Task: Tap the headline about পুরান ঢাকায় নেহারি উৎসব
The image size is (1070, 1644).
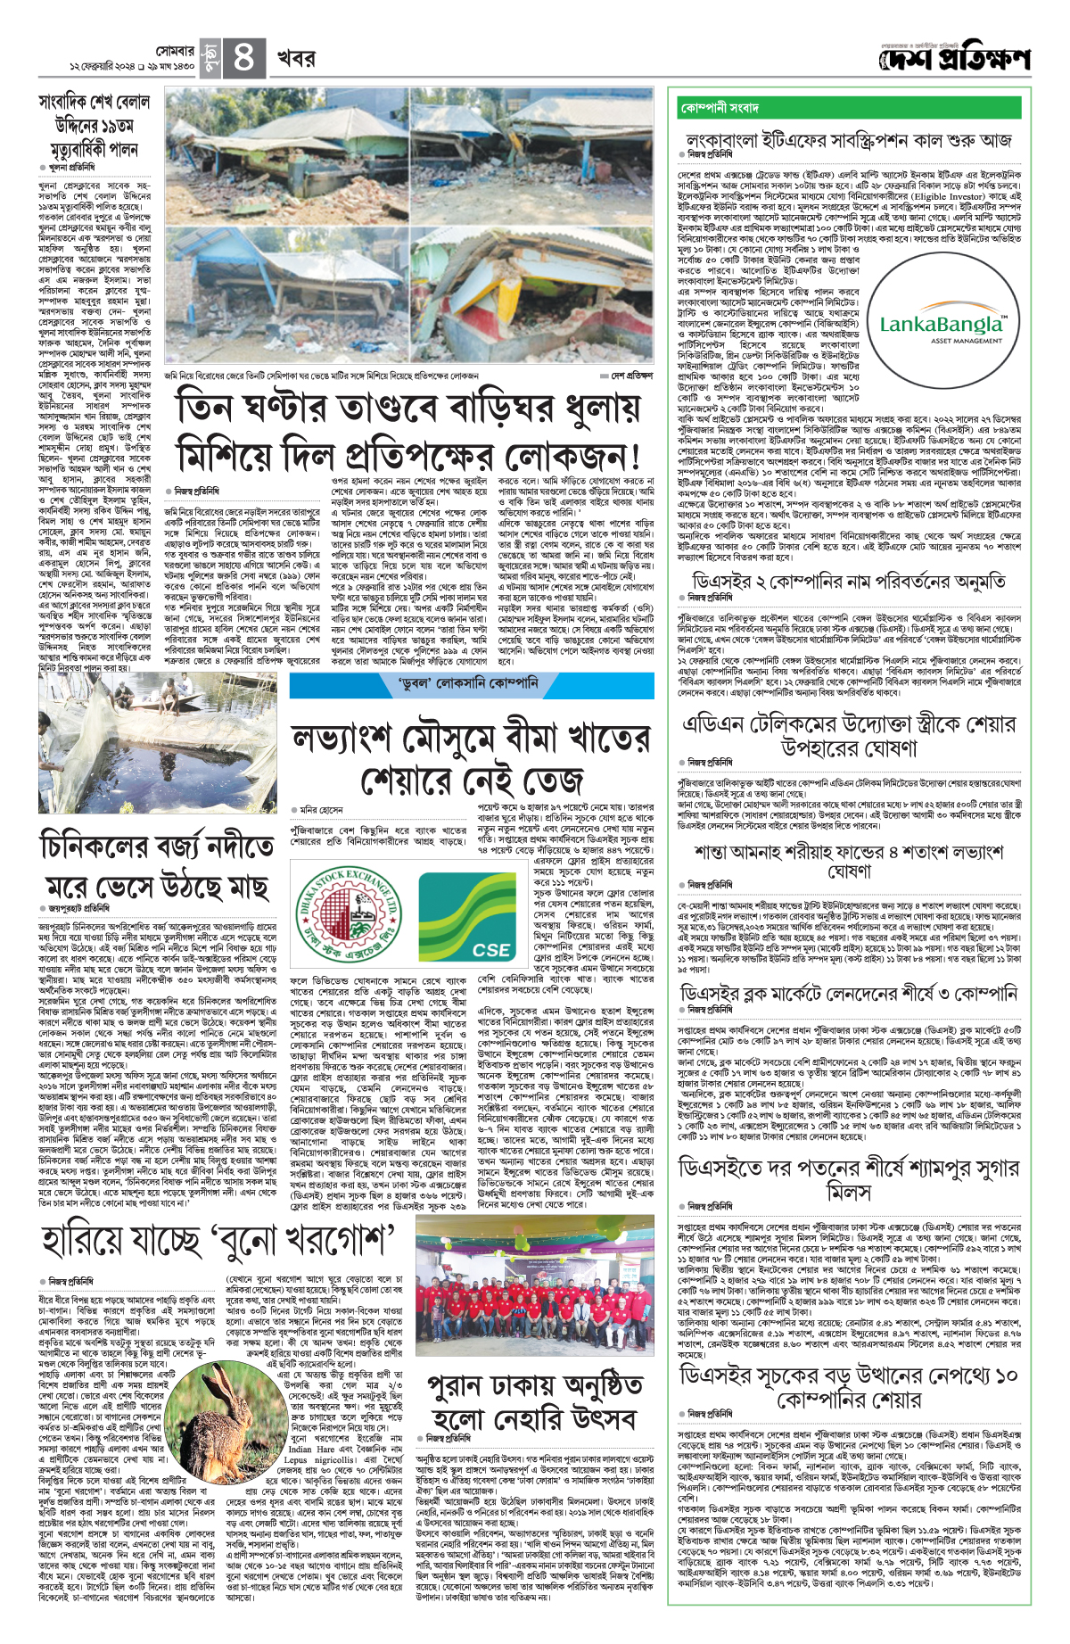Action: (x=534, y=1403)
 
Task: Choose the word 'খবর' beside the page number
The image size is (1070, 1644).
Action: (x=295, y=59)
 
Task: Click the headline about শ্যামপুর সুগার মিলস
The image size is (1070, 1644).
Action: (x=848, y=1179)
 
